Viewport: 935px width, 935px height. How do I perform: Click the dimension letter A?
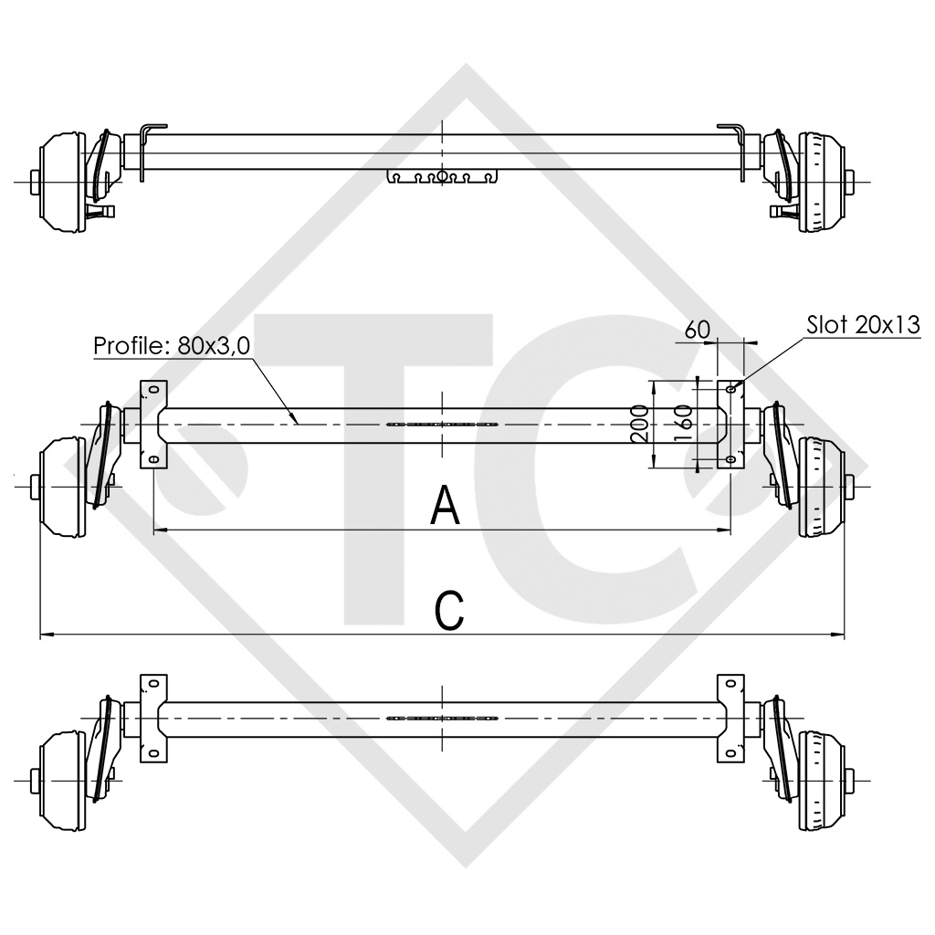coord(445,506)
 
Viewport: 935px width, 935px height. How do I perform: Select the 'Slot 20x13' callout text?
coord(862,325)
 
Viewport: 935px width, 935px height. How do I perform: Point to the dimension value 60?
coord(697,330)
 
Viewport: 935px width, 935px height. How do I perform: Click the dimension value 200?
coord(641,425)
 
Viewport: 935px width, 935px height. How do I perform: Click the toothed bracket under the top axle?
coord(442,175)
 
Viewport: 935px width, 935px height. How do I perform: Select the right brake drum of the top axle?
coord(821,181)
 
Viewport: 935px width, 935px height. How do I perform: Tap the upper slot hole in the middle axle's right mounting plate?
coord(730,389)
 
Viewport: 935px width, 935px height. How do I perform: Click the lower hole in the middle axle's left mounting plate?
coord(153,458)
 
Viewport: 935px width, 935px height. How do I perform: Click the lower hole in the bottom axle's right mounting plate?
coord(730,752)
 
